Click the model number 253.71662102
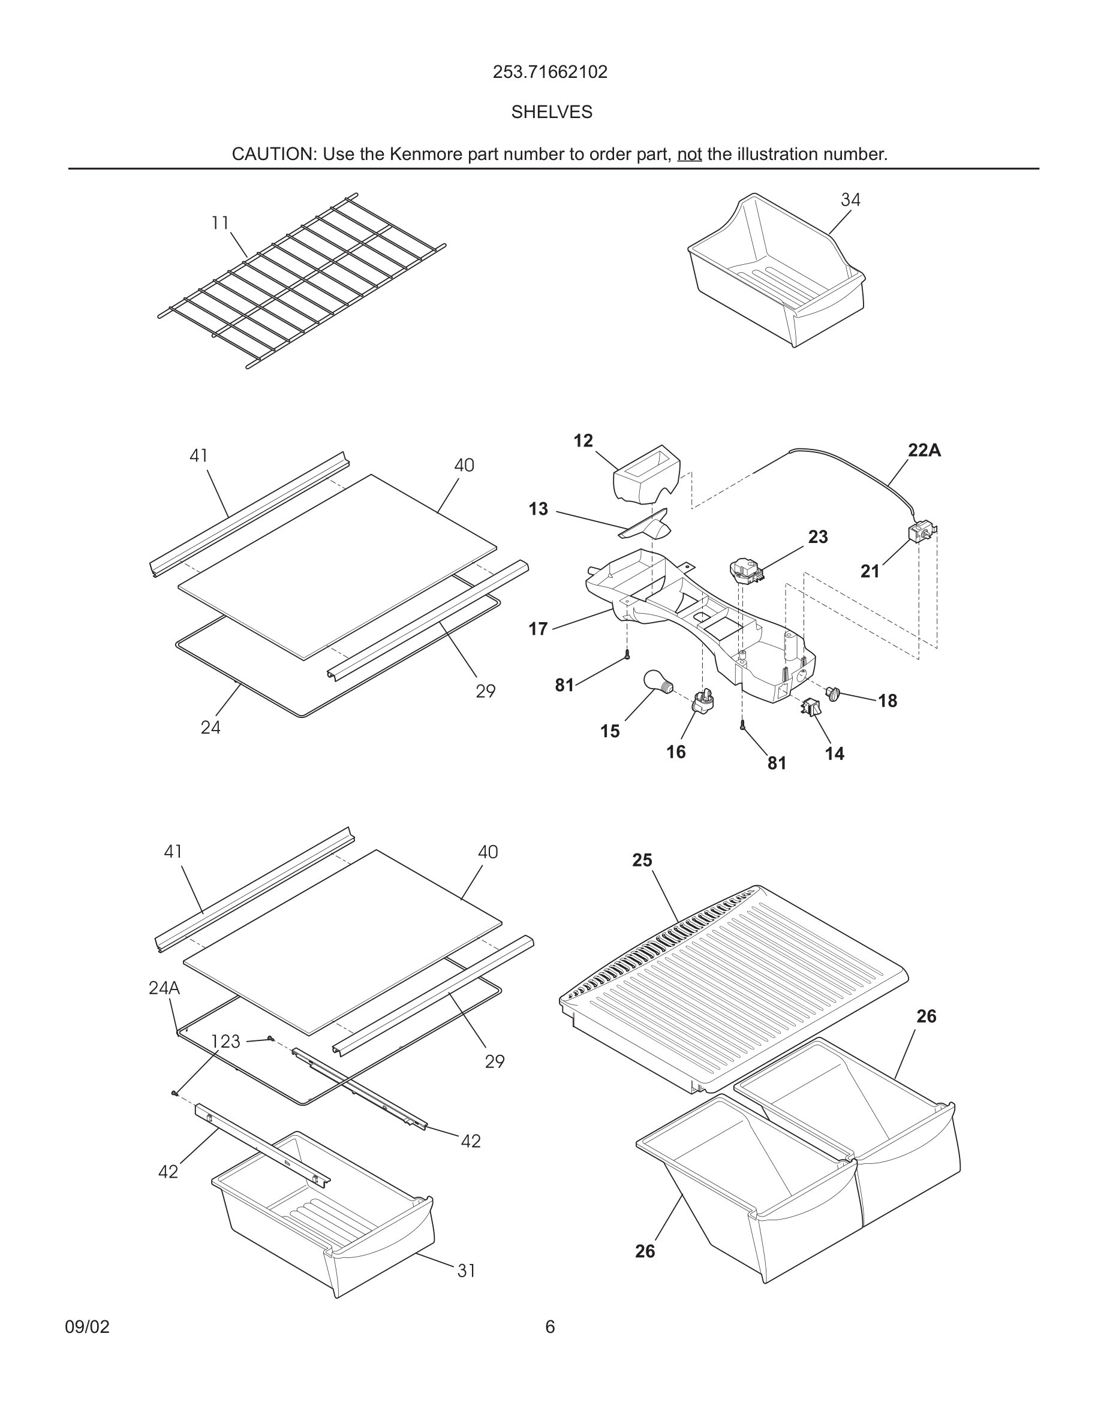click(550, 72)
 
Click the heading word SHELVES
click(551, 112)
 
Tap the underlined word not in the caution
click(689, 155)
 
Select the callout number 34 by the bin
click(850, 200)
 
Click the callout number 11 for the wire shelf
click(220, 223)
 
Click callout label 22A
click(923, 451)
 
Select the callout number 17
click(537, 629)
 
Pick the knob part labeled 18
click(833, 694)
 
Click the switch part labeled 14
click(810, 707)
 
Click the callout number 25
click(642, 861)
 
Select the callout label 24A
click(164, 988)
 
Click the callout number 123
click(225, 1042)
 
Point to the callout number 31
click(467, 1271)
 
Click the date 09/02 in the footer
click(88, 1327)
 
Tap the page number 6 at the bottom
click(550, 1327)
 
